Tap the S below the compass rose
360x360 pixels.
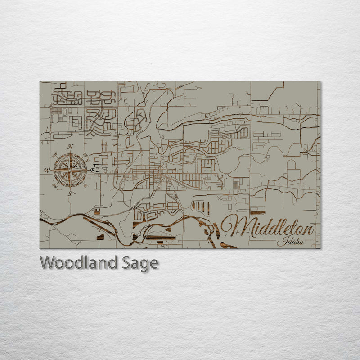(x=70, y=194)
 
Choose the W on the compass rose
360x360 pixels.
(x=46, y=171)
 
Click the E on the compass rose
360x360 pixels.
(x=93, y=171)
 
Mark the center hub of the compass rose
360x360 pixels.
(x=70, y=171)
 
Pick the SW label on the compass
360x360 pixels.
(x=55, y=185)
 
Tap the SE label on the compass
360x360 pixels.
(x=85, y=185)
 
